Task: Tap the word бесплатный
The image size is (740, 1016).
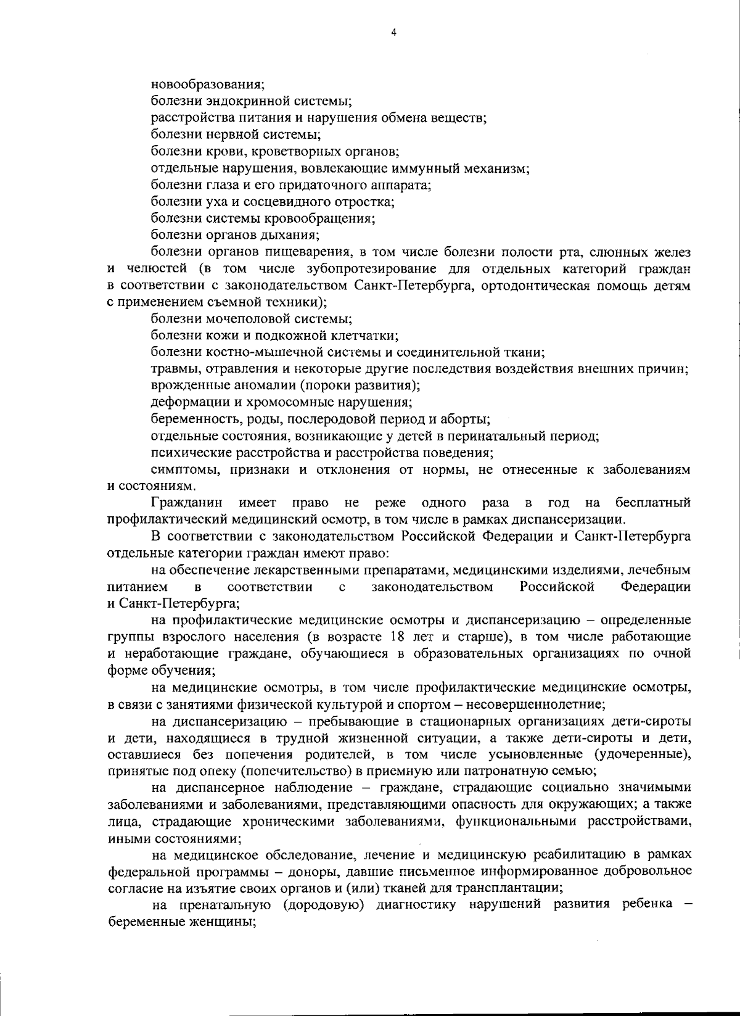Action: (x=652, y=503)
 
